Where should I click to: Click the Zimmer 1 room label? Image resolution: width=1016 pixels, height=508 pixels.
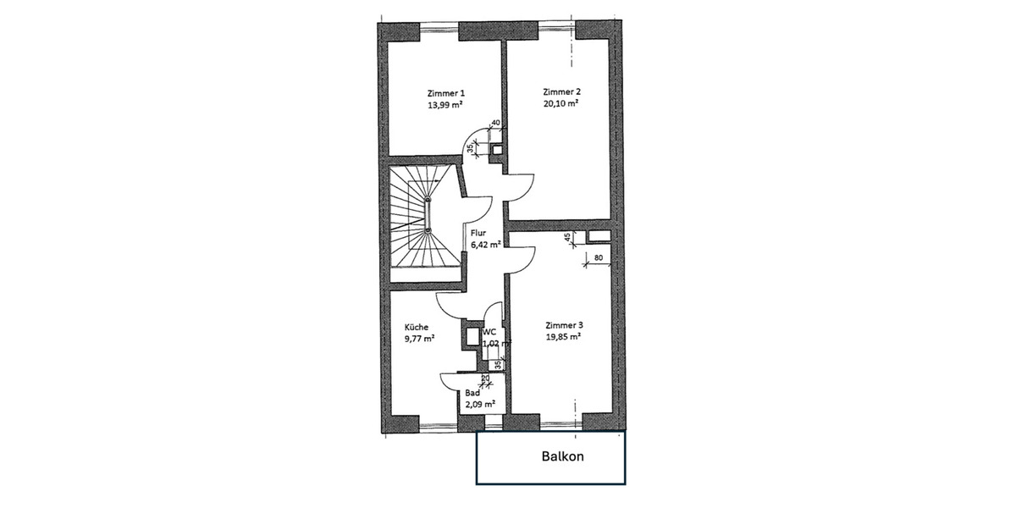coord(446,94)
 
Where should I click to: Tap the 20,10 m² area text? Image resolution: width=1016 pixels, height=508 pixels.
coord(560,103)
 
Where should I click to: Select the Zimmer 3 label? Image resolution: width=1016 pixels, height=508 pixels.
coord(564,325)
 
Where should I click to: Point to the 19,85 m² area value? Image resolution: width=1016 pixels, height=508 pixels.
coord(563,336)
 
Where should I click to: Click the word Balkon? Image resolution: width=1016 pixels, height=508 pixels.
coord(563,456)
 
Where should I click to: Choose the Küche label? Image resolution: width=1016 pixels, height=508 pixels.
coord(417,327)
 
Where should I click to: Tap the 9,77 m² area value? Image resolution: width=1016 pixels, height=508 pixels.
coord(419,338)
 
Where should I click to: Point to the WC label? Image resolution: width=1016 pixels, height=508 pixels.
coord(489,333)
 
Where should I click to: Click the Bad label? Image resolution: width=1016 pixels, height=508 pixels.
coord(472,393)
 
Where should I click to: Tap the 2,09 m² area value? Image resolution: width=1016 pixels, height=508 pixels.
coord(479,404)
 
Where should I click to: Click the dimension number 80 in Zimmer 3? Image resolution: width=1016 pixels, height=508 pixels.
coord(598,257)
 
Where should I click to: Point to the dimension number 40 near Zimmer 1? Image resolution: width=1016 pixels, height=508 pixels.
coord(495,124)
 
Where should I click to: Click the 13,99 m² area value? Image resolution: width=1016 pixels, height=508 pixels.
coord(446,105)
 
